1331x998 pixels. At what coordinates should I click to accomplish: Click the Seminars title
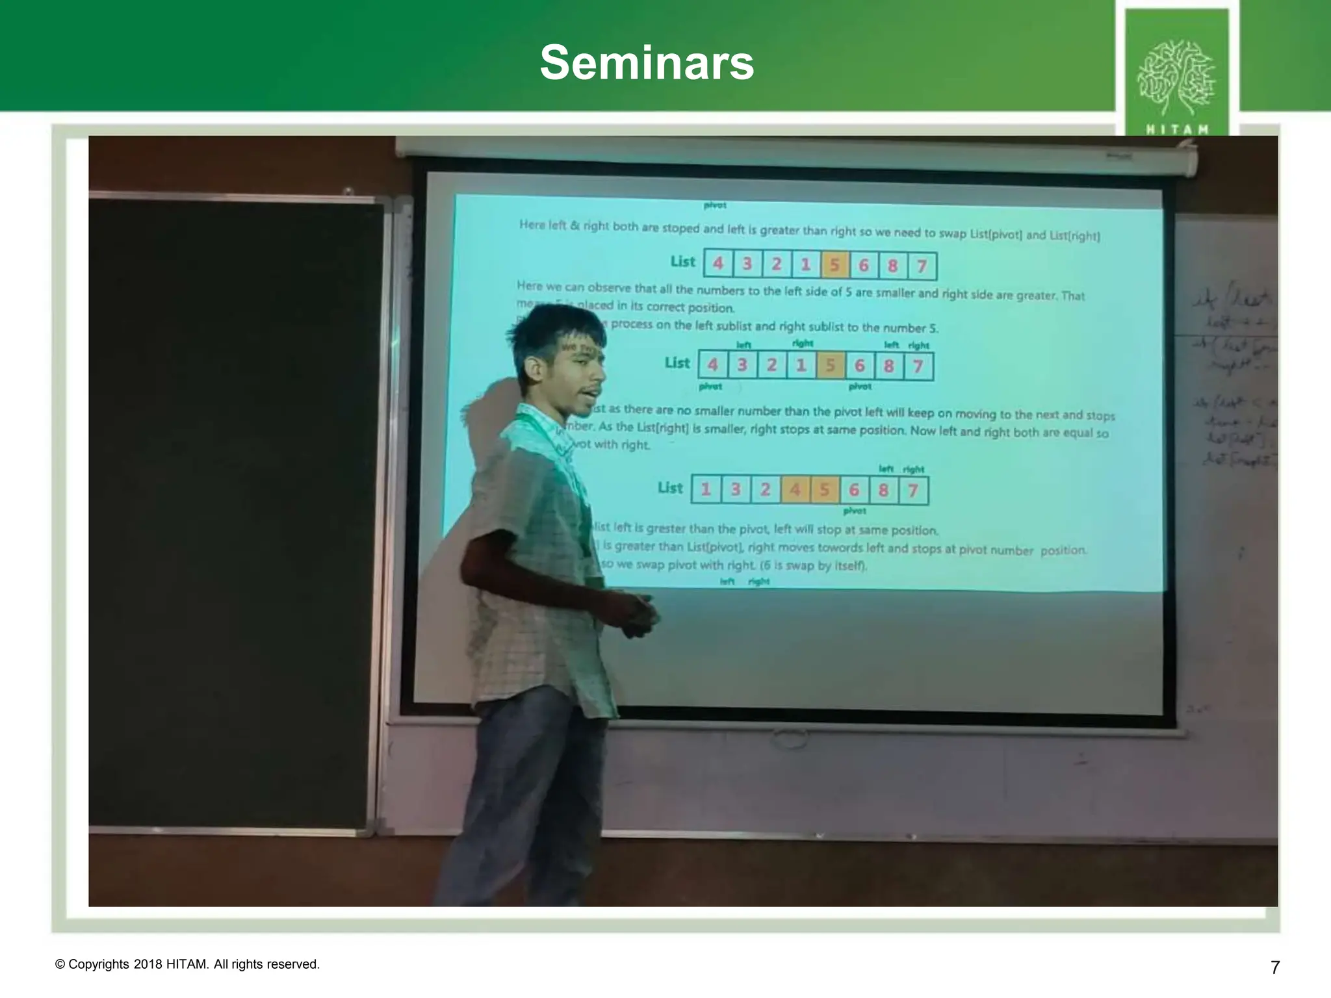[647, 63]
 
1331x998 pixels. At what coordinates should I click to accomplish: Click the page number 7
[1274, 967]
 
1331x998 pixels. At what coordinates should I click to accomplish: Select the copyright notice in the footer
[188, 964]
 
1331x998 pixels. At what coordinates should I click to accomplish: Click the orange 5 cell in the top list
[834, 265]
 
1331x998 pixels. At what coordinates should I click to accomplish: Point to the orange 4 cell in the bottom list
[795, 490]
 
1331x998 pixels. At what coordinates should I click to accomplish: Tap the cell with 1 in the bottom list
[706, 489]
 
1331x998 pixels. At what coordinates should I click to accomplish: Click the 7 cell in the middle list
[918, 366]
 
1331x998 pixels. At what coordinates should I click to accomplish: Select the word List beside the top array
[682, 261]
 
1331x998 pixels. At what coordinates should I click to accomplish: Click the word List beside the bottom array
[670, 487]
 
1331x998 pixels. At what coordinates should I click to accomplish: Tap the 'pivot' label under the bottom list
[854, 511]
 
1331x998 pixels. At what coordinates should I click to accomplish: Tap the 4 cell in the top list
[718, 263]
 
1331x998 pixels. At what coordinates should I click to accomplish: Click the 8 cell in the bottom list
[883, 490]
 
